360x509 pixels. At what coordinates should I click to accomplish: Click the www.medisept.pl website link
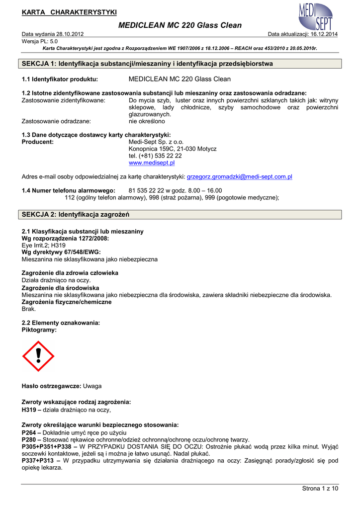click(151, 163)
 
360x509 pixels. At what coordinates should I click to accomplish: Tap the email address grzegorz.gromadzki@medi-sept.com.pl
click(239, 176)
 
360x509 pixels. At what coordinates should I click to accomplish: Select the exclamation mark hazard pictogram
click(38, 356)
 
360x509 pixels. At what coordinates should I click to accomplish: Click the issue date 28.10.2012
click(69, 34)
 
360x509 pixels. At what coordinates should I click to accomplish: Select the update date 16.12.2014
click(322, 34)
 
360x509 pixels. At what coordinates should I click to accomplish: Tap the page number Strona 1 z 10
click(320, 489)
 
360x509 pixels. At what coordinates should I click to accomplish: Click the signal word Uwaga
click(92, 386)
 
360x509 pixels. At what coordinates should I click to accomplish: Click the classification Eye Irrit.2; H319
click(44, 245)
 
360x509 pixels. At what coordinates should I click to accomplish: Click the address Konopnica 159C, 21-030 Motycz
click(172, 149)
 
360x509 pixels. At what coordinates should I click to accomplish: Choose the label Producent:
click(38, 142)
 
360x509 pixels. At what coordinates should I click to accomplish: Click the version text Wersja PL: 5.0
click(40, 41)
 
